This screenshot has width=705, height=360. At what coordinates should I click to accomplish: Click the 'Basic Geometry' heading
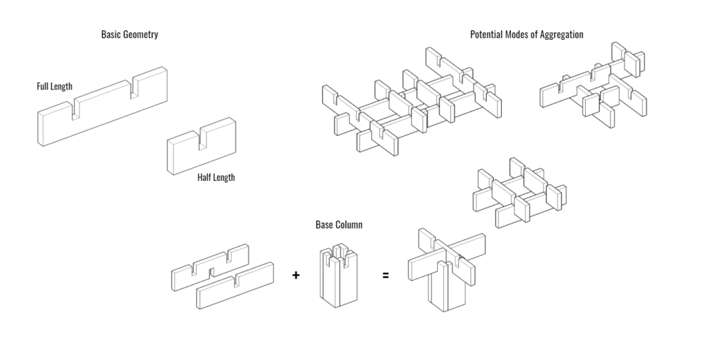click(x=129, y=34)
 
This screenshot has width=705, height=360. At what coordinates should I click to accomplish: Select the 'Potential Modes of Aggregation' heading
click(x=527, y=34)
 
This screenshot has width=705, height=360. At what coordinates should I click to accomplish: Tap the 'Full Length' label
click(x=54, y=87)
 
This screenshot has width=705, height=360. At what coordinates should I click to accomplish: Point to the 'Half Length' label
click(x=215, y=178)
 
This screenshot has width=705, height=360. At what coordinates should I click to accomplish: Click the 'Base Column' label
click(x=339, y=225)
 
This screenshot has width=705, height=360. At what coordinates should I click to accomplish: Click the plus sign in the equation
click(x=296, y=275)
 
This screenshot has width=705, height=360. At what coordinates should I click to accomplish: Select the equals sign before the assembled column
click(x=386, y=275)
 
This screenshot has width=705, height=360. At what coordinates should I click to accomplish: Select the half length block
click(x=201, y=148)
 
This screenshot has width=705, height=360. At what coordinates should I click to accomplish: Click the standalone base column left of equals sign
click(x=338, y=275)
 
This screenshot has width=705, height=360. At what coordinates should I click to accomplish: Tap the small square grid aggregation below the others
click(x=519, y=193)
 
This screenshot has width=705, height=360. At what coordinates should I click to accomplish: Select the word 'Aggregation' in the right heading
click(x=558, y=34)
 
